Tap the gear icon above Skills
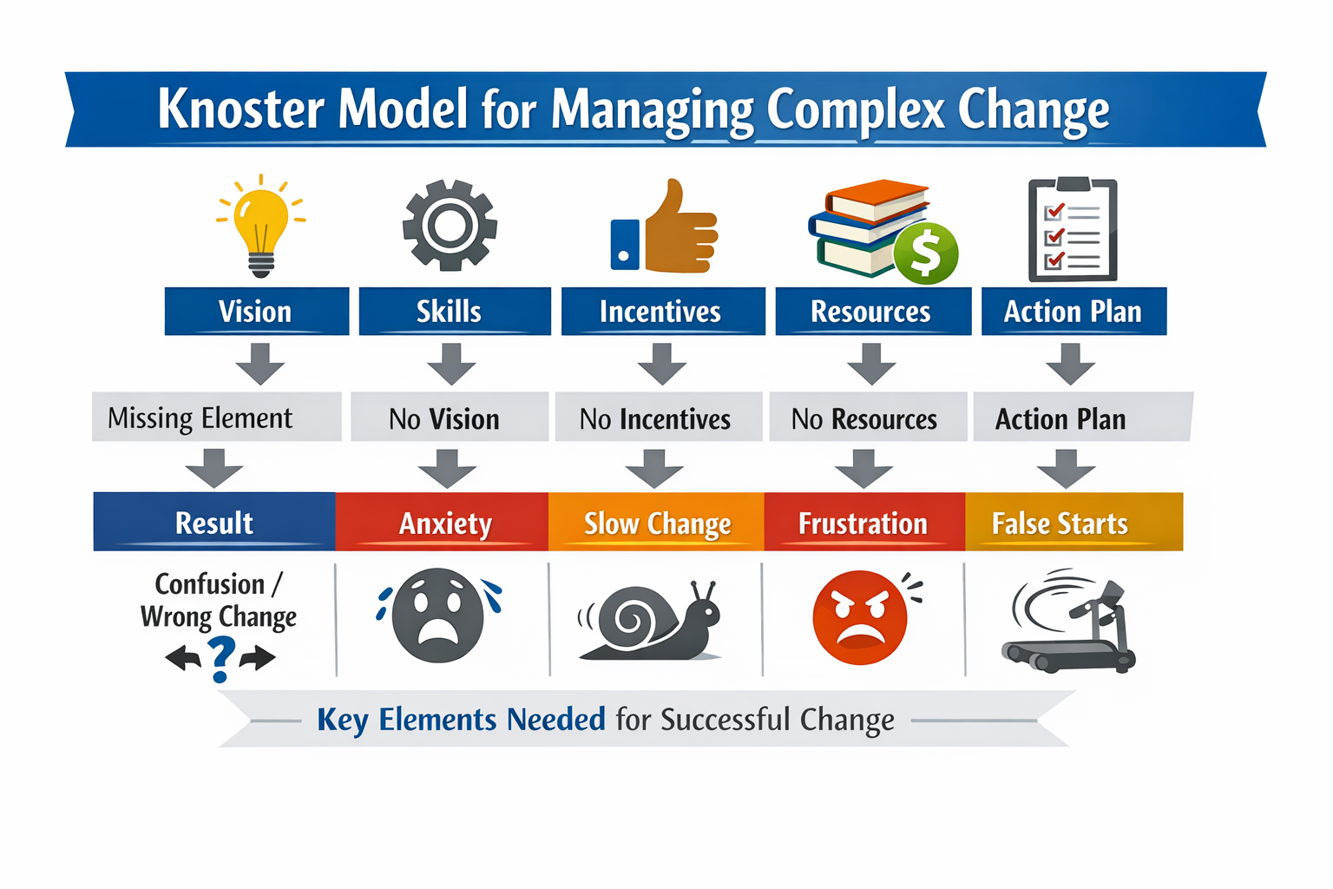point(450,226)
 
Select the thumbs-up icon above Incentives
point(666,229)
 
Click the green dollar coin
point(926,254)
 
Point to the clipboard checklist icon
point(1073,231)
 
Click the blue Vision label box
point(256,311)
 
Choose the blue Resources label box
point(871,311)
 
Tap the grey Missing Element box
point(216,418)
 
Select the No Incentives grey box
point(658,418)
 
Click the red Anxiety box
point(443,523)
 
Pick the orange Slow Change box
point(656,523)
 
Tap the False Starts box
point(1074,523)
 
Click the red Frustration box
point(864,523)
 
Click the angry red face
point(859,618)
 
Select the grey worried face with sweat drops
point(437,616)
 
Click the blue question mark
point(221,659)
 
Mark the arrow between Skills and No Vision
point(451,364)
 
